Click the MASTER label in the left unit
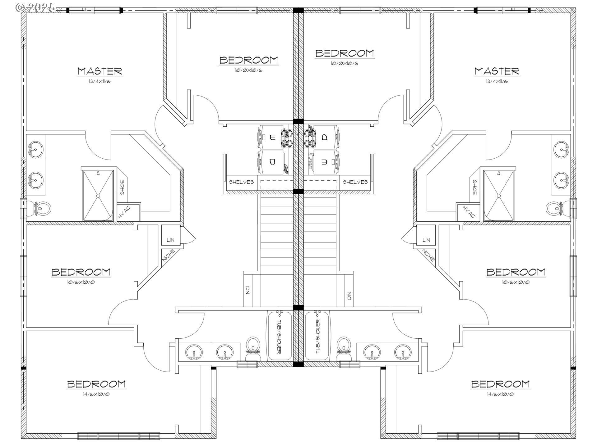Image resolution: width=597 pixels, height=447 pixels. (x=100, y=71)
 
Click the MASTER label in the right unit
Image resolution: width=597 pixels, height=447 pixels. (x=497, y=71)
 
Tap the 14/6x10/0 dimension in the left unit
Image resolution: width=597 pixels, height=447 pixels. (x=96, y=395)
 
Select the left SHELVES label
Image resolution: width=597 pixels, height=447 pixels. (x=241, y=182)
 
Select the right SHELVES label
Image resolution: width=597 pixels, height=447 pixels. (x=355, y=182)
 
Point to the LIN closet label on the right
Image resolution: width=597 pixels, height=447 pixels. (x=426, y=240)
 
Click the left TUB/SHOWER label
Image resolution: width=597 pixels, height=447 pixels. (x=279, y=337)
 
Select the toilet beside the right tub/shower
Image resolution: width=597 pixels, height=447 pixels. (x=344, y=349)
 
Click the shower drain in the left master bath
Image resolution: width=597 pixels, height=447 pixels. (x=98, y=196)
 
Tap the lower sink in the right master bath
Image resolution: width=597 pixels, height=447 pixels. (x=562, y=179)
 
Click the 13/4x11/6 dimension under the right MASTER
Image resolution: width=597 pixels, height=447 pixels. (x=497, y=82)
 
